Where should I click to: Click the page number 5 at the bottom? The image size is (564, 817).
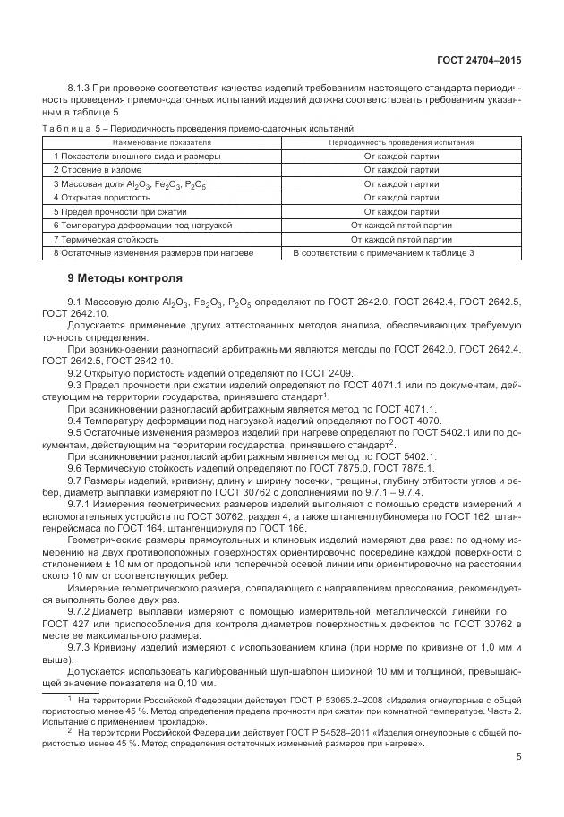[518, 757]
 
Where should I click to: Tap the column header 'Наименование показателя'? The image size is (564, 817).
[162, 142]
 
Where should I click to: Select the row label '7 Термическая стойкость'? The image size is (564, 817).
[106, 240]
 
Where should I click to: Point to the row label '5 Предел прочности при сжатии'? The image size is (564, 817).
[120, 211]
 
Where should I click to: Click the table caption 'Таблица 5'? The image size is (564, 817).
[70, 129]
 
